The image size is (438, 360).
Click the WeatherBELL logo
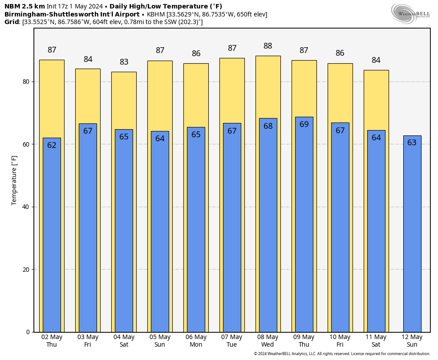tap(411, 13)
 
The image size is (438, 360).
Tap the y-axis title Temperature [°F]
tap(14, 180)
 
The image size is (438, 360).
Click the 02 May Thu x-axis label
tap(52, 341)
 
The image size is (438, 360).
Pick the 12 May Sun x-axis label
tap(412, 341)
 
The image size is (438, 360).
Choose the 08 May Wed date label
tap(268, 341)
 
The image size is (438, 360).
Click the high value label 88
tap(268, 46)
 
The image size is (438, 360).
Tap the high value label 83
tap(124, 62)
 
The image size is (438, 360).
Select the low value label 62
tap(52, 145)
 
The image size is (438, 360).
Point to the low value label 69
tap(304, 124)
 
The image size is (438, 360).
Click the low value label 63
tap(412, 143)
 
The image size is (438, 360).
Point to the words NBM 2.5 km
tap(24, 6)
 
